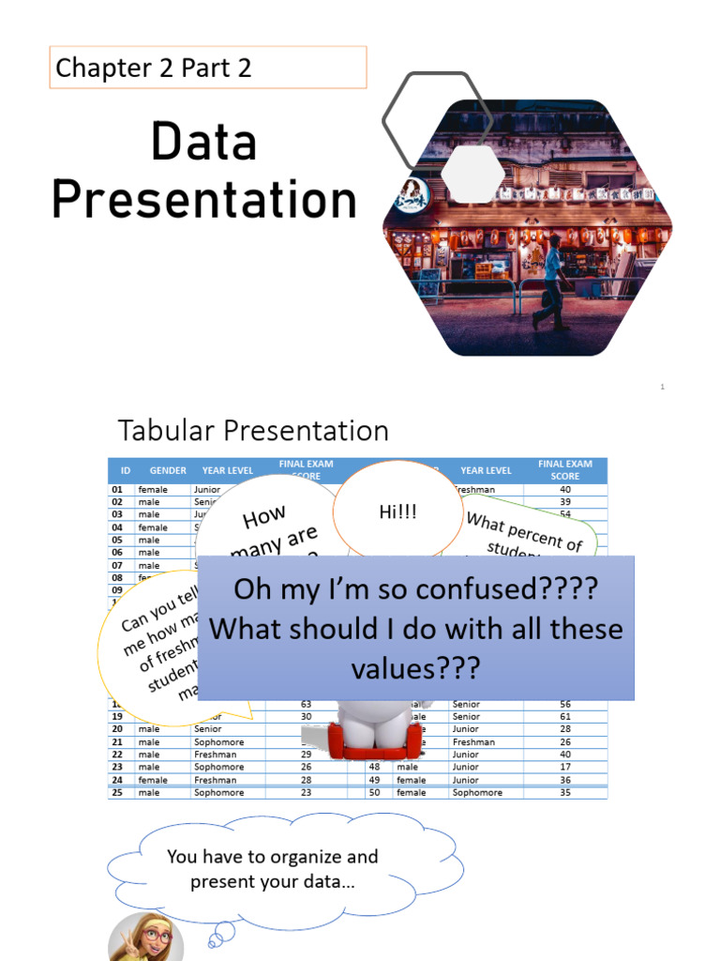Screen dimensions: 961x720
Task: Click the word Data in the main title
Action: click(x=202, y=144)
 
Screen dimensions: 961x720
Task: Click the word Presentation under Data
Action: click(x=204, y=201)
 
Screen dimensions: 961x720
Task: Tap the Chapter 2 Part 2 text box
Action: click(x=207, y=68)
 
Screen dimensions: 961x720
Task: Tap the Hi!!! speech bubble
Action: click(x=397, y=512)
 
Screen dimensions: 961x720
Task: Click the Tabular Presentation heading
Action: click(x=253, y=431)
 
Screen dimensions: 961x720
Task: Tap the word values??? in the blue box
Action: click(x=414, y=668)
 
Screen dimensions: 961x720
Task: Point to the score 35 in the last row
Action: click(x=565, y=793)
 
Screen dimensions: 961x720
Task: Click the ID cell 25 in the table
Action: click(x=118, y=793)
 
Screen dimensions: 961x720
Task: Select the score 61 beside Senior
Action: click(x=565, y=716)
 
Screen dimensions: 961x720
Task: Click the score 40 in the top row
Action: click(x=565, y=489)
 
